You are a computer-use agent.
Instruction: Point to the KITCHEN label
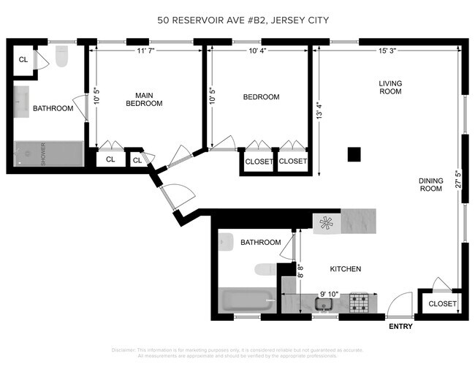(x=345, y=269)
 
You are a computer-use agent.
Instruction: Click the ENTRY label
(x=401, y=325)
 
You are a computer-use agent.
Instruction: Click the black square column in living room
(x=354, y=154)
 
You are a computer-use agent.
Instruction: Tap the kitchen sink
(x=323, y=303)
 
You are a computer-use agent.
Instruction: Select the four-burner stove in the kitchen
(x=358, y=301)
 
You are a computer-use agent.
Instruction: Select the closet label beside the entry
(x=442, y=303)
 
